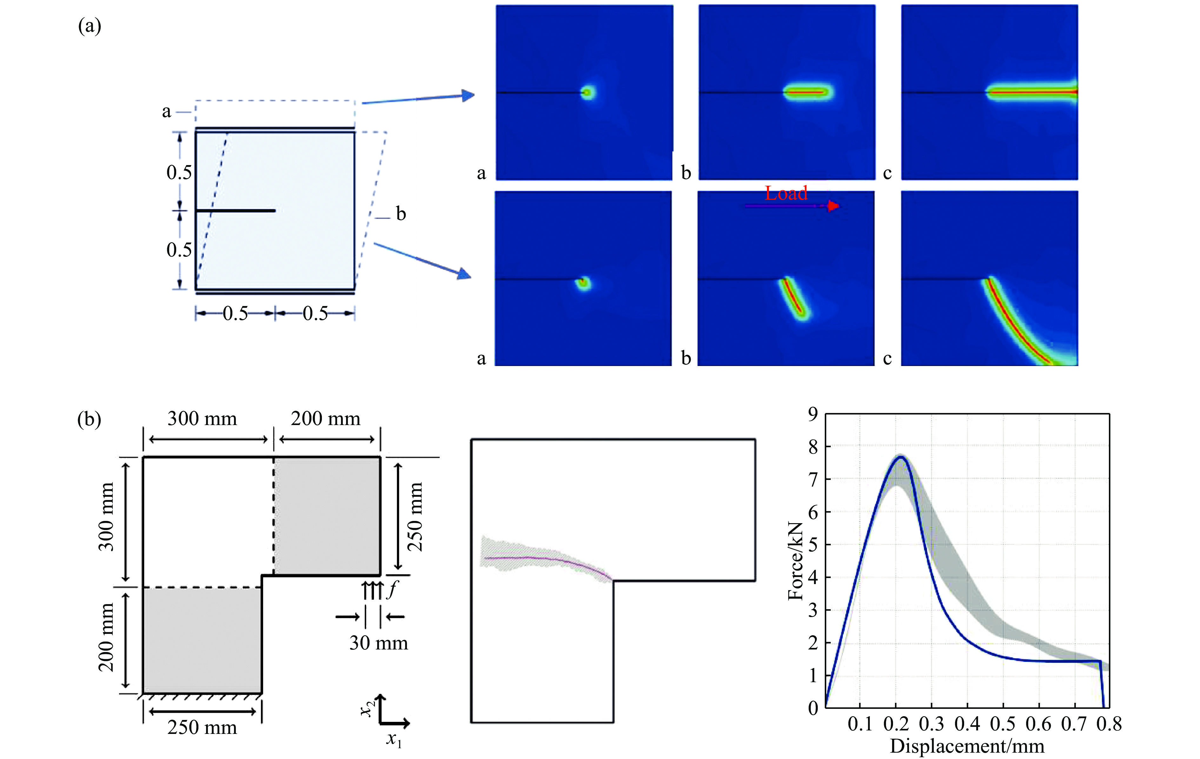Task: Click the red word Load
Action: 786,193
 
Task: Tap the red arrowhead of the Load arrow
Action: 833,206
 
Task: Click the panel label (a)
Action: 90,26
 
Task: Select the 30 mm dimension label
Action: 378,643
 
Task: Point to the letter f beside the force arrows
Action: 393,589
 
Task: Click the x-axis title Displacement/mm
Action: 967,746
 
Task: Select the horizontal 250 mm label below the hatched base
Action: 202,728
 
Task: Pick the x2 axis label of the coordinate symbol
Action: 367,708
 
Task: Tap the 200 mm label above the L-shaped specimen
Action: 325,419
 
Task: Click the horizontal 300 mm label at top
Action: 202,419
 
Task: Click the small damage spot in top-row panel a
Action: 588,92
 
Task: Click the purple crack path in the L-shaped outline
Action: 548,558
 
